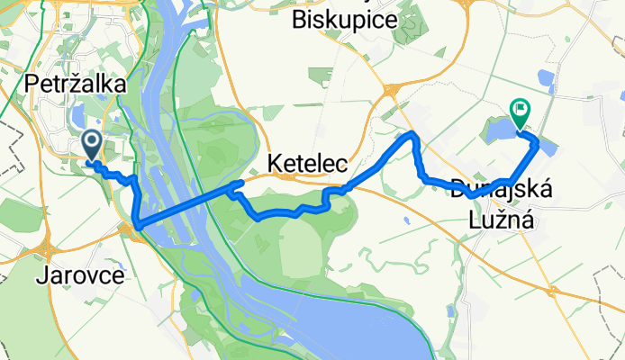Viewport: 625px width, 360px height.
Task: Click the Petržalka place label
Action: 75,83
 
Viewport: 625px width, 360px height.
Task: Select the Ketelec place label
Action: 303,163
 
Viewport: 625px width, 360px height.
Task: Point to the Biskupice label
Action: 345,21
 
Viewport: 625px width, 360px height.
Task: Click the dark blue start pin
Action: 92,144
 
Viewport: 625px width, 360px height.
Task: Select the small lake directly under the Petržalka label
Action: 78,114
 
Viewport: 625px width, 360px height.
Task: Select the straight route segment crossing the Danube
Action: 180,204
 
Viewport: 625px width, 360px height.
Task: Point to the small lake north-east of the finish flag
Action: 545,79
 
